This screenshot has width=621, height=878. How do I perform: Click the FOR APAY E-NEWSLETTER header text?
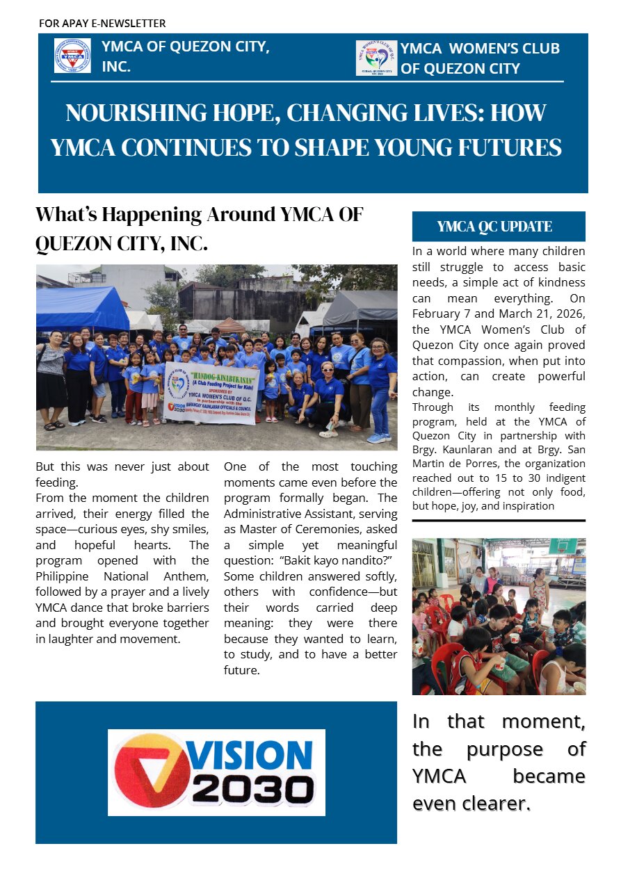tap(102, 24)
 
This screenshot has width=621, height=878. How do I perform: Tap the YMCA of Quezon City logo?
tap(72, 56)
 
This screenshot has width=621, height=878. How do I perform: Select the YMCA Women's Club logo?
tap(376, 58)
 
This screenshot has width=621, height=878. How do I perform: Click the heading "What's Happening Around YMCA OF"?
tap(199, 214)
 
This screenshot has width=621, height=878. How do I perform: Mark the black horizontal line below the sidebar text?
tap(498, 520)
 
